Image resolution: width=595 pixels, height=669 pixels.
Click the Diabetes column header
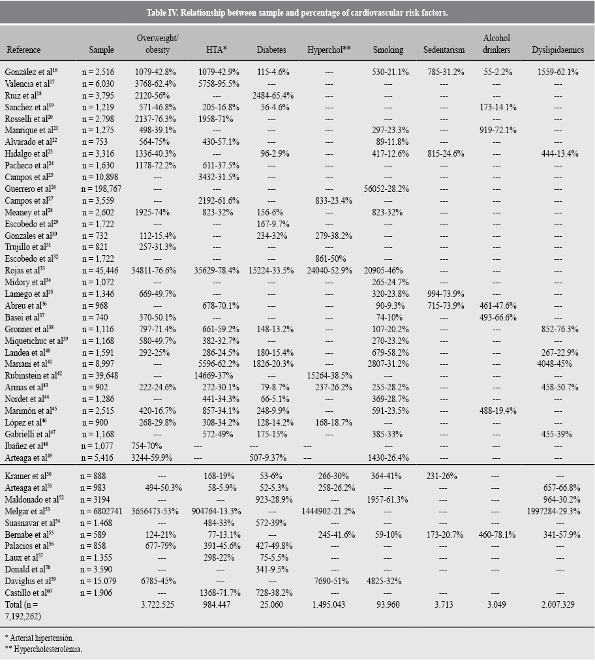tap(271, 50)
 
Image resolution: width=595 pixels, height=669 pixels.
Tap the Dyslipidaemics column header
tap(557, 50)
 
